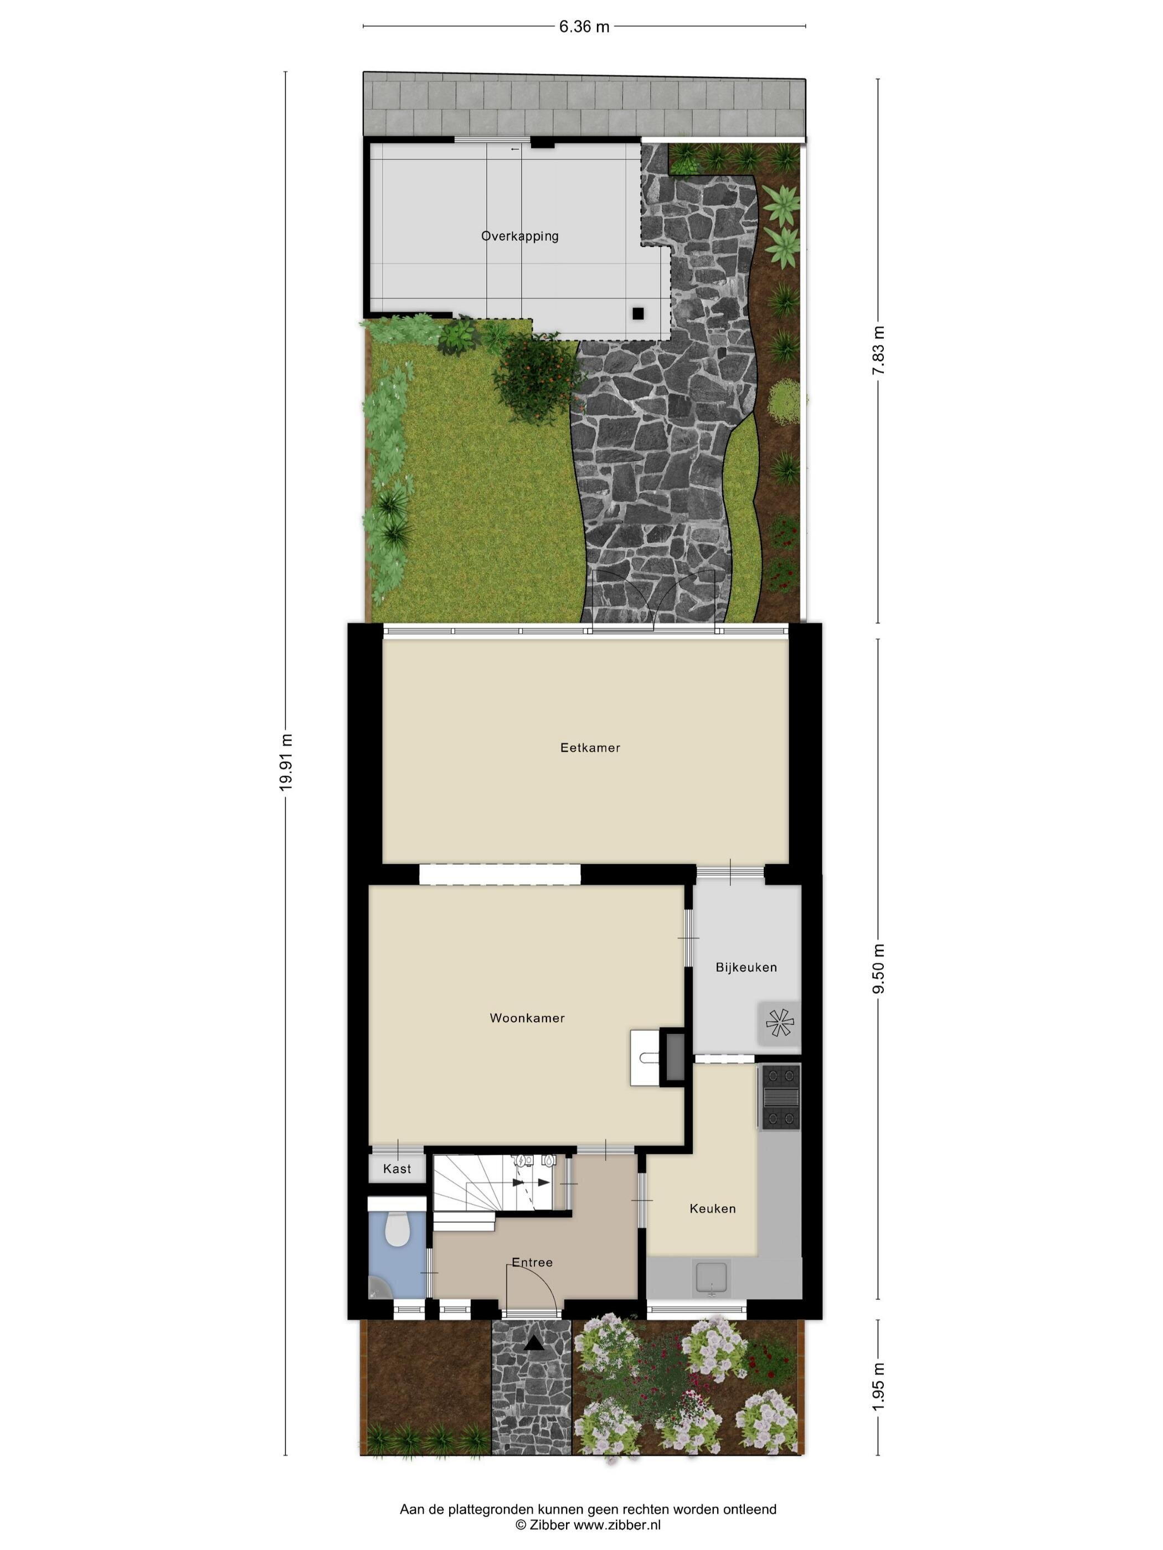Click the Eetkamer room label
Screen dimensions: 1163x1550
(x=590, y=748)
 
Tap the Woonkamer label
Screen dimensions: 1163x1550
(x=527, y=1018)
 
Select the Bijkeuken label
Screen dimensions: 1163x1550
(x=746, y=967)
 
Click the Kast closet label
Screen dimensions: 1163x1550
(x=397, y=1168)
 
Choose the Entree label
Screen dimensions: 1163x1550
(x=532, y=1262)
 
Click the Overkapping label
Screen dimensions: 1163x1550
(x=519, y=236)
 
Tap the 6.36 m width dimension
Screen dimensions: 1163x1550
(x=584, y=27)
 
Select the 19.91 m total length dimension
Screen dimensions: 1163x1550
(x=285, y=762)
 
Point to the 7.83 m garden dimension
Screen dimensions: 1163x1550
(x=878, y=350)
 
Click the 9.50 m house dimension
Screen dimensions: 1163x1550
(x=878, y=968)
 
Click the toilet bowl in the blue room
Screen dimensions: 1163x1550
(x=398, y=1228)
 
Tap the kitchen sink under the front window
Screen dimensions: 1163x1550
(x=711, y=1277)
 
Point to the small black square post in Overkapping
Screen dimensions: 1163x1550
(x=637, y=313)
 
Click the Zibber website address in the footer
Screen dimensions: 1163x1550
(x=617, y=1524)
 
